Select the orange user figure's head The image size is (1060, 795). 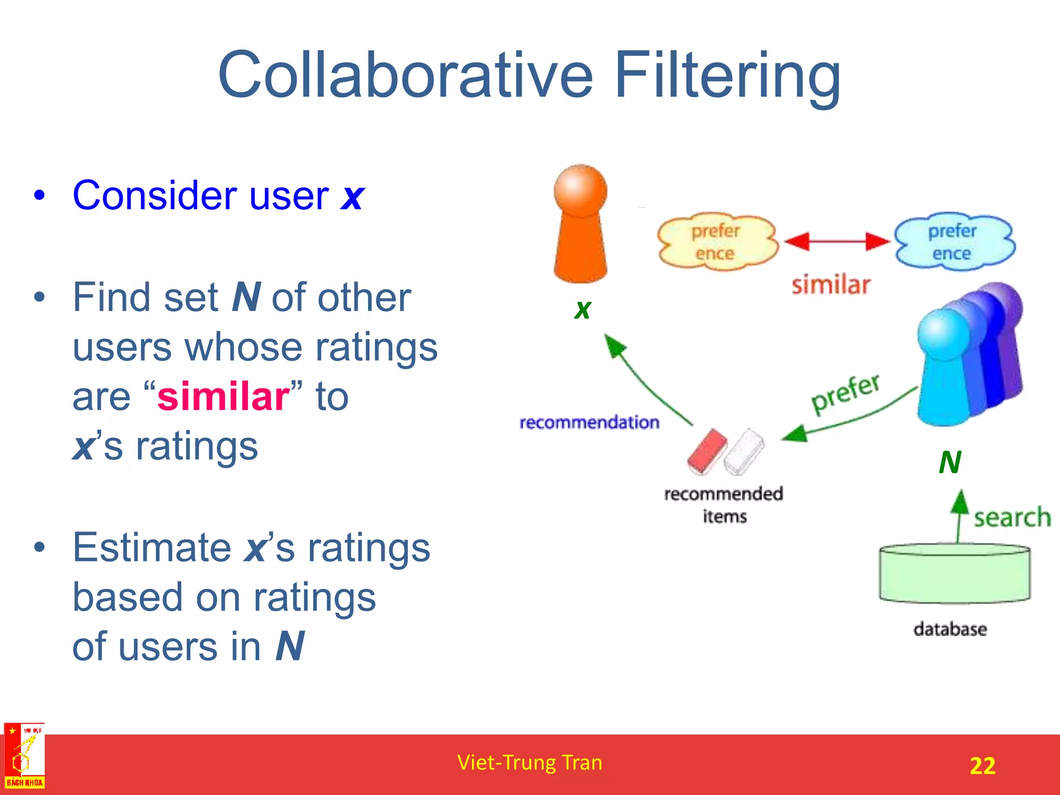pyautogui.click(x=580, y=189)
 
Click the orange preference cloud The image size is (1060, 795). pyautogui.click(x=717, y=242)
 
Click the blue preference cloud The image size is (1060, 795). pyautogui.click(x=954, y=242)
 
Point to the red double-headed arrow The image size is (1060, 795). pyautogui.click(x=837, y=241)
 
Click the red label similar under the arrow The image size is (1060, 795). pyautogui.click(x=831, y=285)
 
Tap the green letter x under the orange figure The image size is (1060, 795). pyautogui.click(x=583, y=310)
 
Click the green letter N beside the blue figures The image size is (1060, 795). pyautogui.click(x=950, y=462)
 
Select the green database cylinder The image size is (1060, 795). pyautogui.click(x=954, y=574)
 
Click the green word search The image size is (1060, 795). pyautogui.click(x=1012, y=518)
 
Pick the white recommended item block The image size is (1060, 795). pyautogui.click(x=744, y=451)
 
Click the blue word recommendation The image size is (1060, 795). pyautogui.click(x=589, y=422)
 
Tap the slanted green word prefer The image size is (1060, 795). pyautogui.click(x=845, y=393)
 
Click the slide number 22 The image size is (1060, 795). pyautogui.click(x=982, y=765)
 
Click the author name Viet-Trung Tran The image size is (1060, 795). pyautogui.click(x=529, y=762)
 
